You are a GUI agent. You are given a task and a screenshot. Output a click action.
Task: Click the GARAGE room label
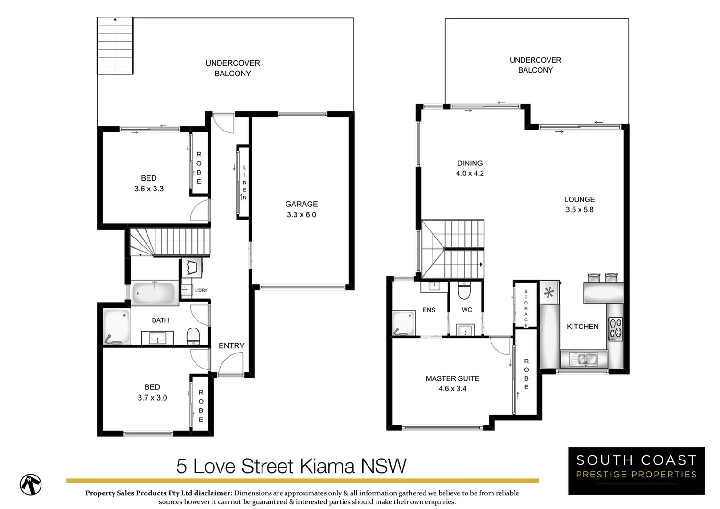pyautogui.click(x=301, y=204)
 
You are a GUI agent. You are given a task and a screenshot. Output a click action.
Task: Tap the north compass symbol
pyautogui.click(x=31, y=484)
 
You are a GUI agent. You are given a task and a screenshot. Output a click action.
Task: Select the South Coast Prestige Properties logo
pyautogui.click(x=636, y=471)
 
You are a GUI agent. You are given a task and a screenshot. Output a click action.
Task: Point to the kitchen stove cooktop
pyautogui.click(x=615, y=329)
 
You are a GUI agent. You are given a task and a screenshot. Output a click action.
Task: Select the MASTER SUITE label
pyautogui.click(x=452, y=378)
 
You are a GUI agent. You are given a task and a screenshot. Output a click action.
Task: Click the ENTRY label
pyautogui.click(x=231, y=345)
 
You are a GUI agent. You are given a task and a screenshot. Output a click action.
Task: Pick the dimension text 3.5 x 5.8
pyautogui.click(x=580, y=210)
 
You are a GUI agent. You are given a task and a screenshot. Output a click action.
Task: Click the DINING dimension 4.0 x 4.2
pyautogui.click(x=470, y=173)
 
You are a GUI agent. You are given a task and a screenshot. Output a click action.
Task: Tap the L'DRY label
pyautogui.click(x=201, y=290)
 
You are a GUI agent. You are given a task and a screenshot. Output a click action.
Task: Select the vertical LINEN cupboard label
pyautogui.click(x=245, y=182)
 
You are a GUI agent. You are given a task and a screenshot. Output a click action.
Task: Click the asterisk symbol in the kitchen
pyautogui.click(x=549, y=293)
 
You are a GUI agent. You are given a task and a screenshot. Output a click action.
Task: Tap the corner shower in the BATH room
pyautogui.click(x=116, y=326)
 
